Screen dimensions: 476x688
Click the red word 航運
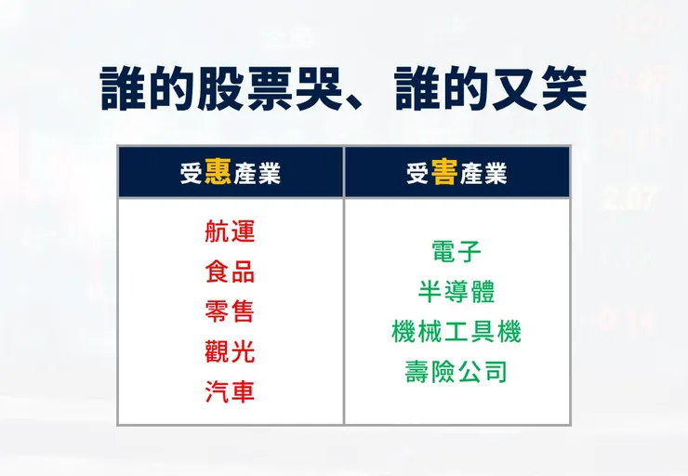(x=230, y=231)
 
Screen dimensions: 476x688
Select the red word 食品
(x=230, y=271)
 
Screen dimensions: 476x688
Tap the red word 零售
(x=230, y=311)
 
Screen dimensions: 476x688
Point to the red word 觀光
(x=230, y=351)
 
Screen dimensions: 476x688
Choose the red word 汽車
(x=230, y=391)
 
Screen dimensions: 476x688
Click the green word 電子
(x=456, y=251)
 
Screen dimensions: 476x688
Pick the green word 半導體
(x=456, y=291)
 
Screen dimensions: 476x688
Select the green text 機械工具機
(x=456, y=331)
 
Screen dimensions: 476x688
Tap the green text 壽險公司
(x=456, y=372)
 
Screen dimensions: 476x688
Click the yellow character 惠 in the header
(x=218, y=172)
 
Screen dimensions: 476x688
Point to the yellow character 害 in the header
(x=444, y=172)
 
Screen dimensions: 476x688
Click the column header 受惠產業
(x=230, y=172)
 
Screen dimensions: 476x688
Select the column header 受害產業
(x=456, y=172)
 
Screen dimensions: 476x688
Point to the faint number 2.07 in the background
(x=629, y=198)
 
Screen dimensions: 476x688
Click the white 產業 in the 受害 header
(x=483, y=173)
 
